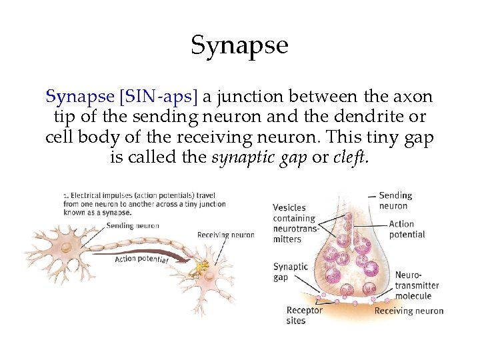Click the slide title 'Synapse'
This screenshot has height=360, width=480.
click(x=239, y=45)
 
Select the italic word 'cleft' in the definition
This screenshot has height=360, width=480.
click(x=350, y=159)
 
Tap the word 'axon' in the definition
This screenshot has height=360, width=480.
click(x=413, y=97)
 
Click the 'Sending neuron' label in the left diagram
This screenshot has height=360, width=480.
click(x=133, y=225)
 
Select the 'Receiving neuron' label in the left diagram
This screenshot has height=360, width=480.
click(x=225, y=235)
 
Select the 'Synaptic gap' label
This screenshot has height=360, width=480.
click(x=291, y=271)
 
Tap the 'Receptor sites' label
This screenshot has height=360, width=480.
click(x=304, y=315)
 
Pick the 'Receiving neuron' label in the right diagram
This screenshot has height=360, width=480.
click(x=409, y=311)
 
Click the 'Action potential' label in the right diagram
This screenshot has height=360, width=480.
click(x=407, y=229)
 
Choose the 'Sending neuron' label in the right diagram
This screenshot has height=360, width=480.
click(x=395, y=201)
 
